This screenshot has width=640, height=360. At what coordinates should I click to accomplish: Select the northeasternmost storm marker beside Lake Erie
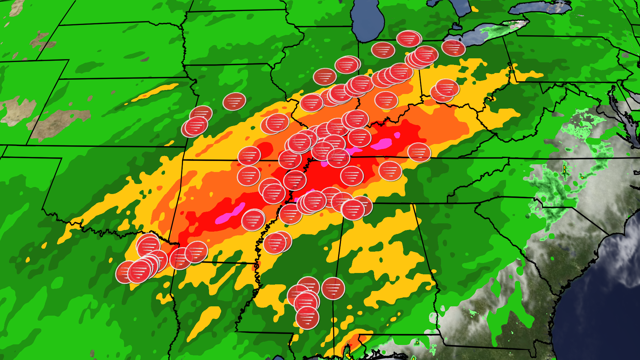(453, 48)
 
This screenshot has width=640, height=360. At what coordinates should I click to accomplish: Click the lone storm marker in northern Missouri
(234, 101)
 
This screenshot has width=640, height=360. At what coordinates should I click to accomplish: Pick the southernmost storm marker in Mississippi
(307, 318)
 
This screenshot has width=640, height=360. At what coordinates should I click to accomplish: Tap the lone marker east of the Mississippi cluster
(333, 288)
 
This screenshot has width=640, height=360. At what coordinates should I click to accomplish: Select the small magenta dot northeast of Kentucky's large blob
(397, 135)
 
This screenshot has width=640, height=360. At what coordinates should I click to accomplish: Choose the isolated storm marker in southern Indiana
(386, 100)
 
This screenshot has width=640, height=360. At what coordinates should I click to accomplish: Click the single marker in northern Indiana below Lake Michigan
(383, 50)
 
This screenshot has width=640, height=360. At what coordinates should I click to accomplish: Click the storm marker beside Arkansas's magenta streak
(253, 220)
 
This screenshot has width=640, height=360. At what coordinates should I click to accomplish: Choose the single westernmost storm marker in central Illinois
(325, 77)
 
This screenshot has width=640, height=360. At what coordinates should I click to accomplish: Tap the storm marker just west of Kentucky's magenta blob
(359, 137)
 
